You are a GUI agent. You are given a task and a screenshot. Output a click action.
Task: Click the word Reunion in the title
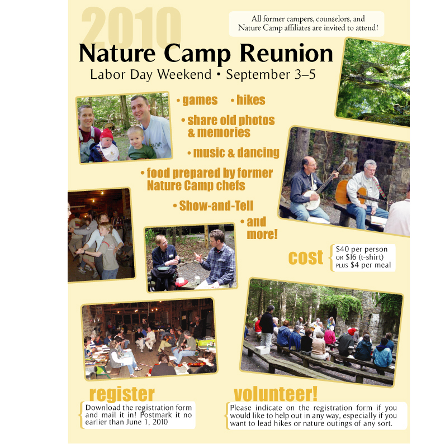coord(286,53)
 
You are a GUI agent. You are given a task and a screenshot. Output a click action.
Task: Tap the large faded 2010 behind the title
coord(131,27)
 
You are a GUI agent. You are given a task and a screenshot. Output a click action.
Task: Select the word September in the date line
coord(258,75)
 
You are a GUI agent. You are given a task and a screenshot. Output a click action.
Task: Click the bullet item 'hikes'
coord(251,100)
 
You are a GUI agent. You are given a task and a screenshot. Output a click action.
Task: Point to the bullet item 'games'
coord(200,101)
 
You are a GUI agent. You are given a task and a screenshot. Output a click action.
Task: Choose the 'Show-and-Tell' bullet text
coord(216,206)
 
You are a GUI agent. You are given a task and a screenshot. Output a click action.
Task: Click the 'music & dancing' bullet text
coord(236,153)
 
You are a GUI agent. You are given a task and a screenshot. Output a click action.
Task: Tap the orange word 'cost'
coord(306,257)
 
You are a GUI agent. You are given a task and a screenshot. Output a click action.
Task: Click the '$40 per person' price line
coord(362,249)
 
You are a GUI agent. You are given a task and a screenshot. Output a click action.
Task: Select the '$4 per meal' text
coord(371,265)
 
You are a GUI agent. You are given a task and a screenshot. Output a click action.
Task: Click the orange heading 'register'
coord(122,394)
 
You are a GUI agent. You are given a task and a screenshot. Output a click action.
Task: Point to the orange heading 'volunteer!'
coord(275,394)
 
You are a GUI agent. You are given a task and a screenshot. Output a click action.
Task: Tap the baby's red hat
coord(106,133)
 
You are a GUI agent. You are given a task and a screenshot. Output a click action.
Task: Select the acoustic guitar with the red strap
coord(358,192)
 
